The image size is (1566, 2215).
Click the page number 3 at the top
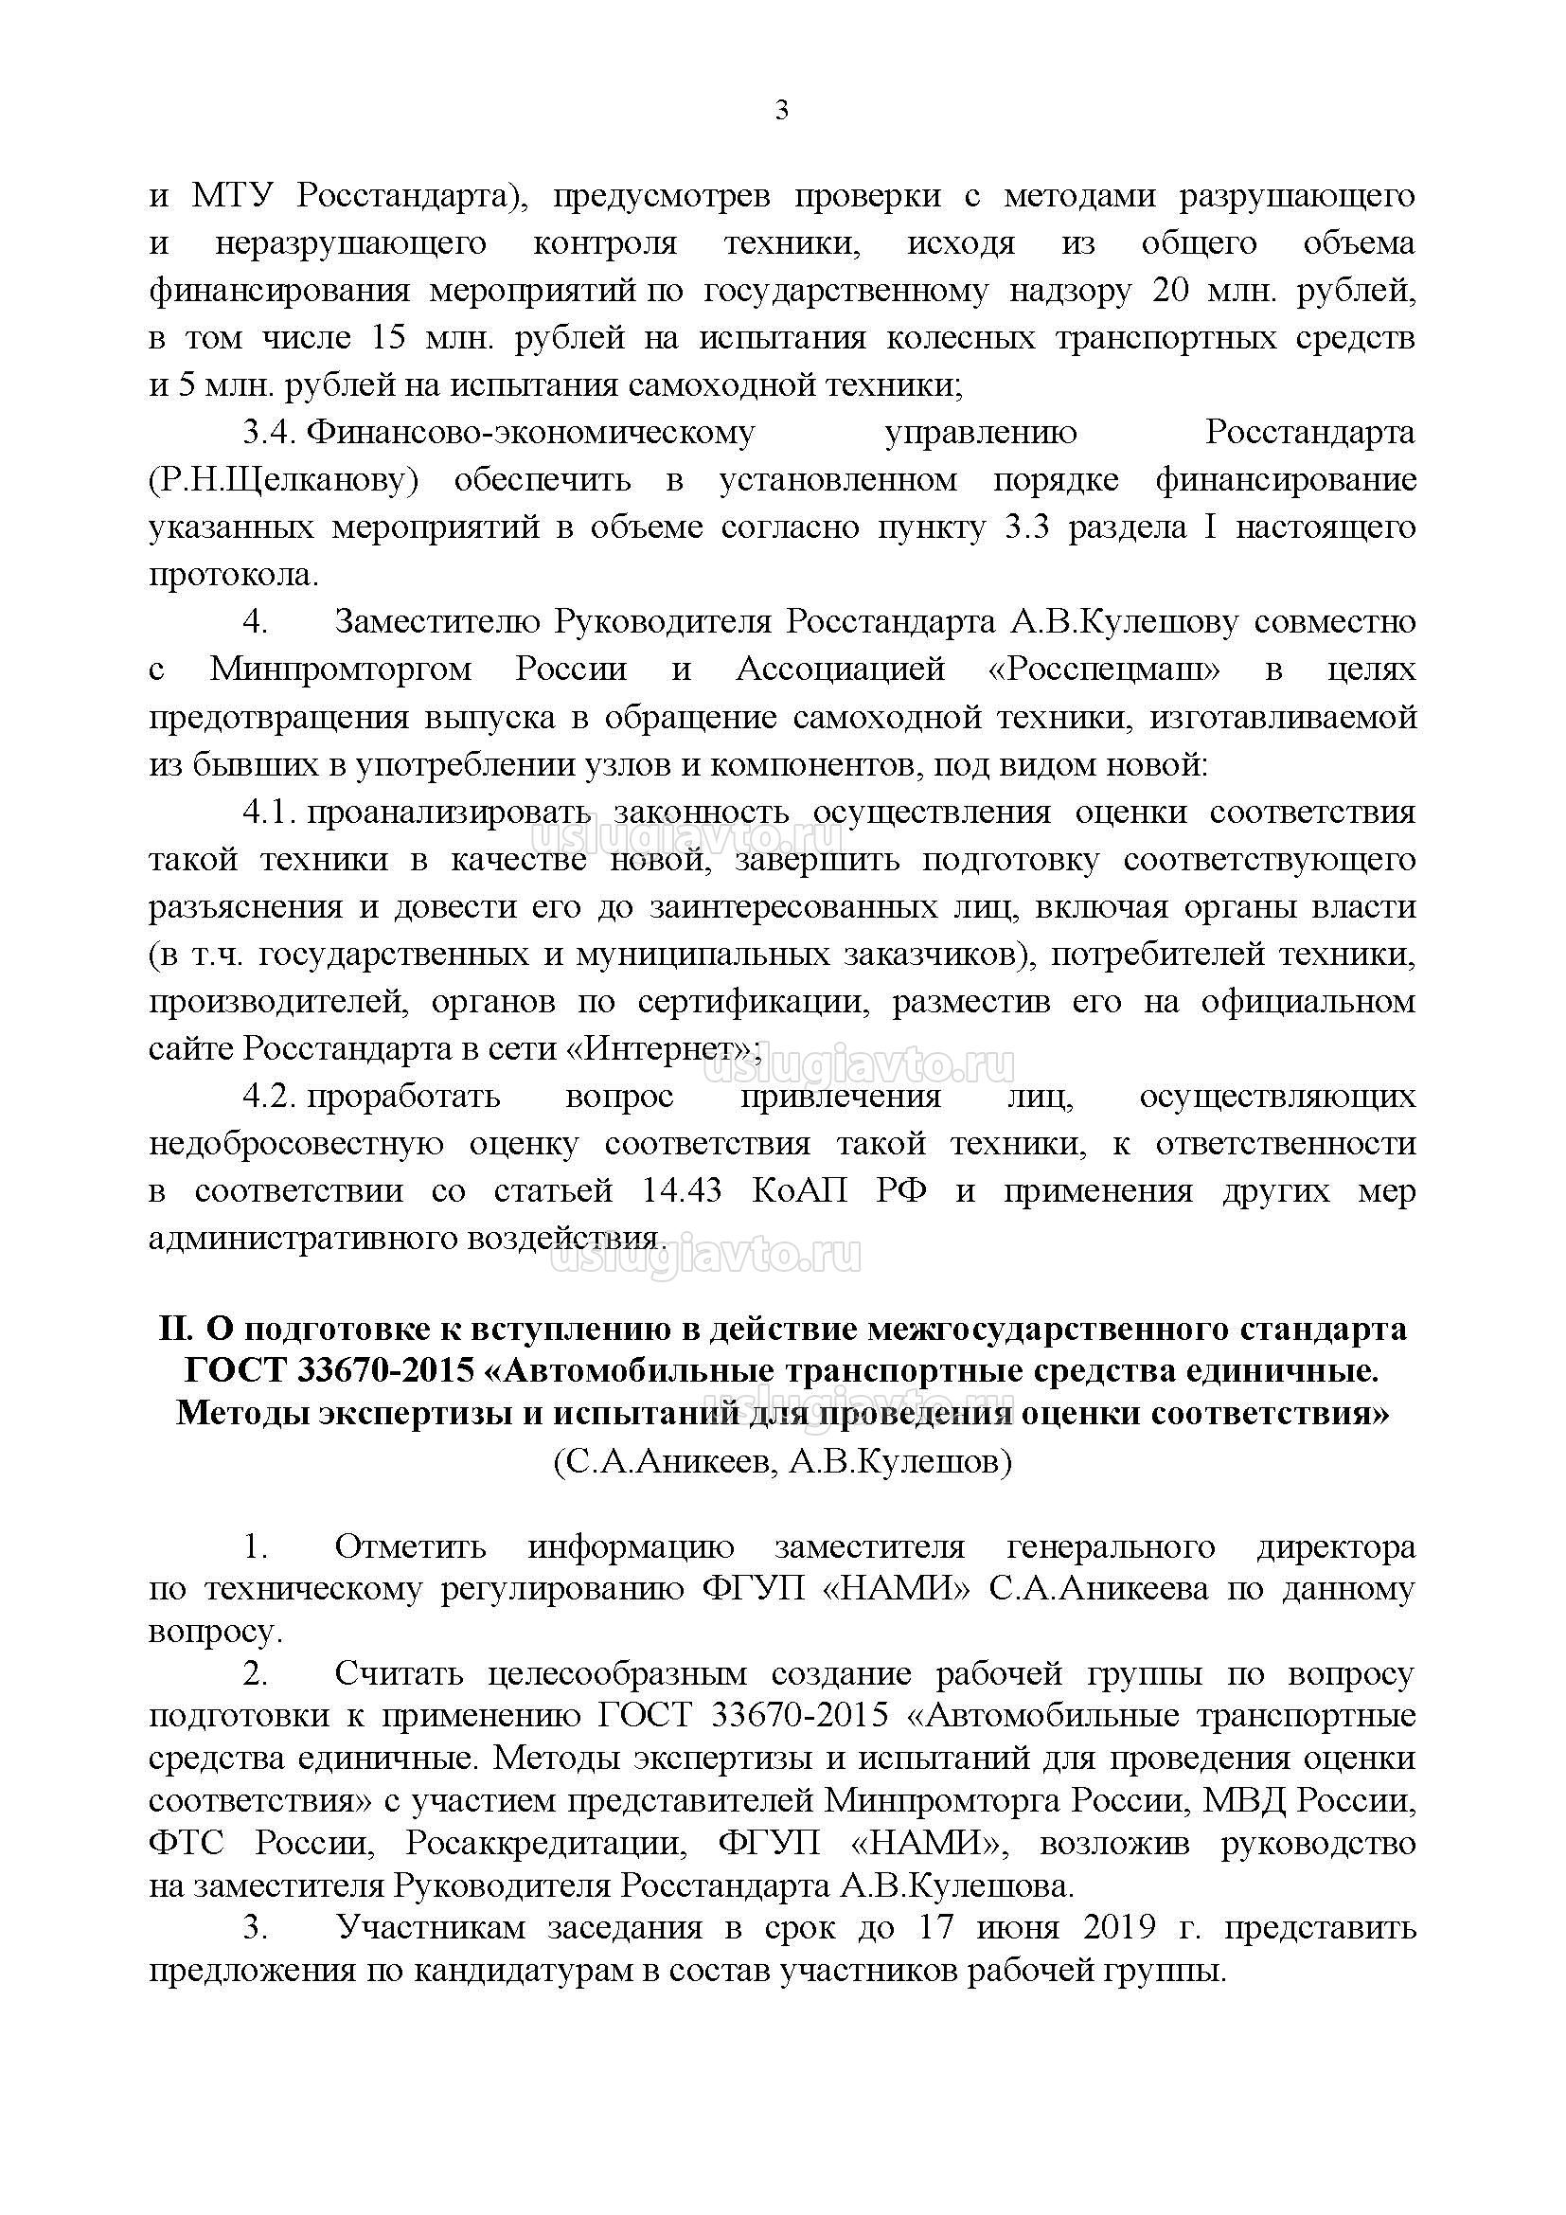781,111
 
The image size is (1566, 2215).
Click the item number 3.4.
268,433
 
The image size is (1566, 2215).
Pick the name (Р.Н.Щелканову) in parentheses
284,480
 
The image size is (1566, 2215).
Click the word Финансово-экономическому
531,433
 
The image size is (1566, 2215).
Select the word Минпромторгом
341,670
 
